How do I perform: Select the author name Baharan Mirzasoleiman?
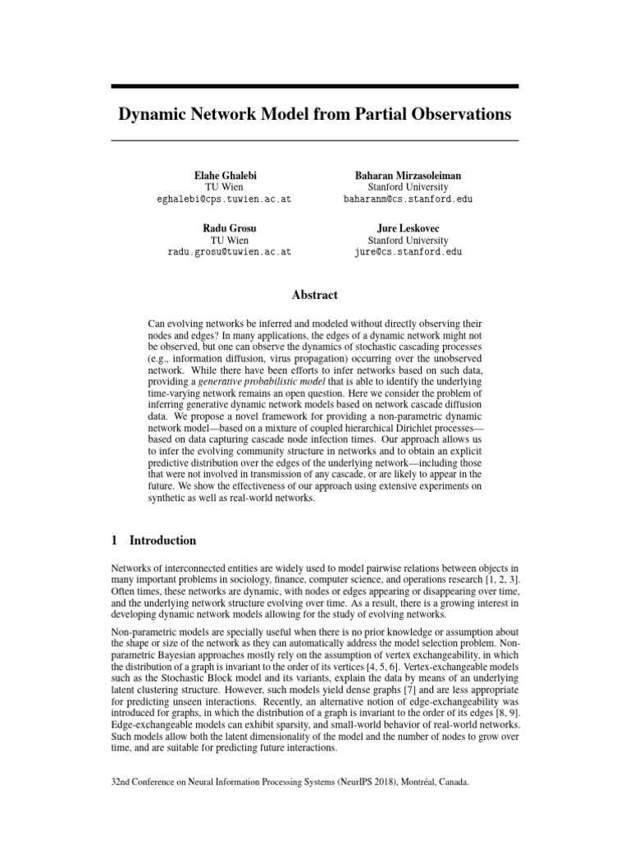(x=408, y=176)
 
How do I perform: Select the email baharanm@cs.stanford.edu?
(x=408, y=200)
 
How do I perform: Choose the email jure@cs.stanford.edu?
(x=408, y=252)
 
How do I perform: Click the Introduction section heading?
(x=163, y=540)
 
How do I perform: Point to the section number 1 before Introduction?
(x=114, y=540)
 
